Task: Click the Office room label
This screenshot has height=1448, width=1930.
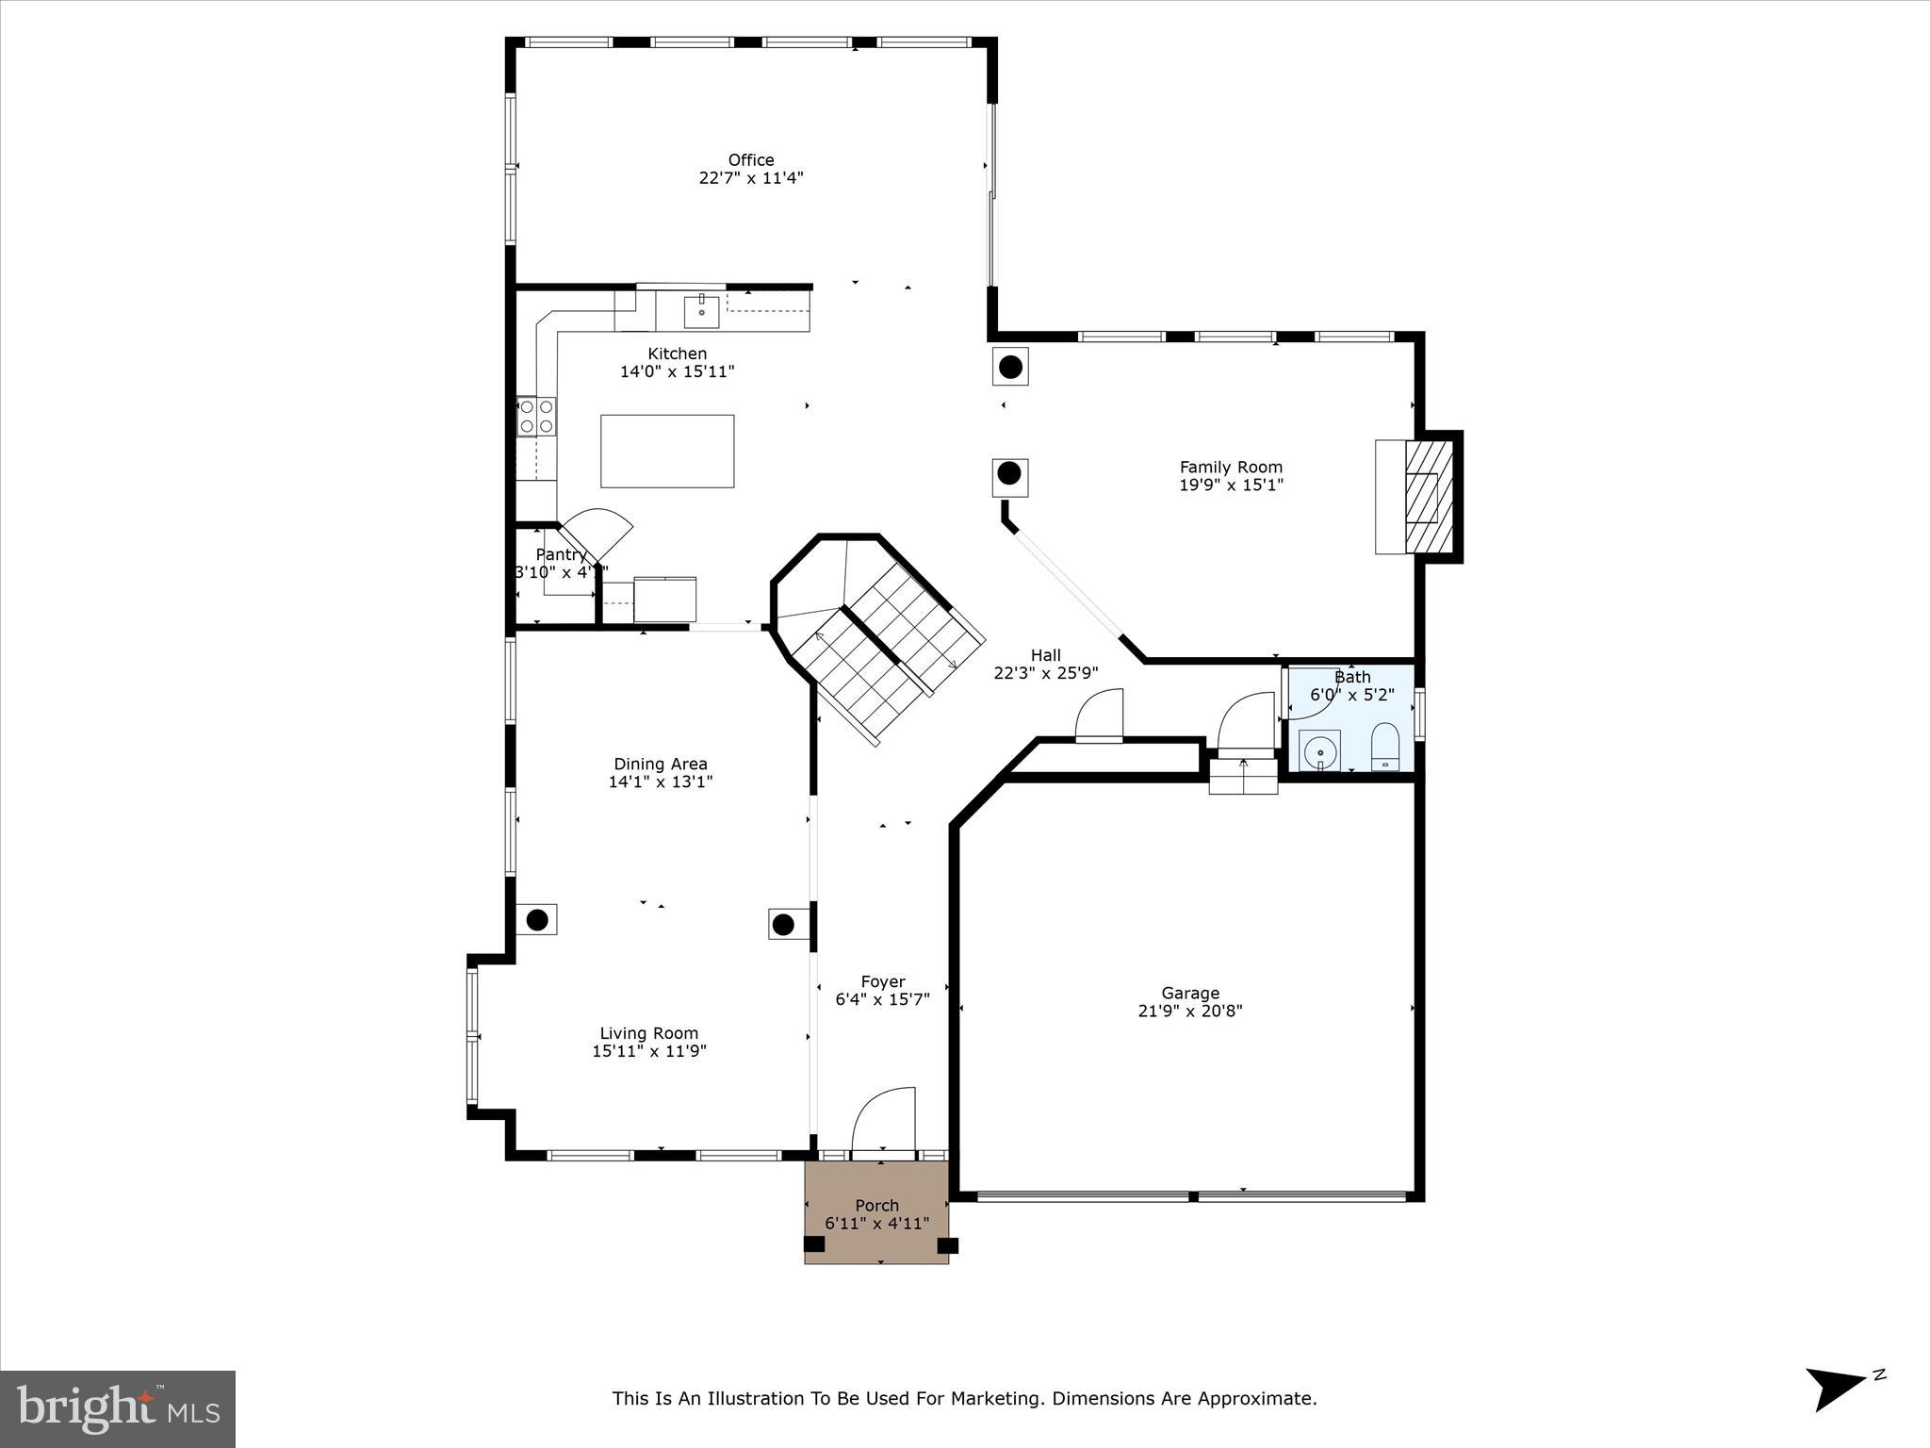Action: [750, 160]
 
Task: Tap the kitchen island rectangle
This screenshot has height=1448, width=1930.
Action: [667, 451]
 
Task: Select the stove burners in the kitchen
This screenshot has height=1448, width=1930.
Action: [536, 416]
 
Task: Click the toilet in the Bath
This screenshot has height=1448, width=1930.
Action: [1384, 747]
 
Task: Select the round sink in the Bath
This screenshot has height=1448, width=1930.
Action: [1320, 751]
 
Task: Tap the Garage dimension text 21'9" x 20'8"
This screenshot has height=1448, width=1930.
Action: [1189, 1011]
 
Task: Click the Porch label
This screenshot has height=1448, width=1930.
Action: [876, 1205]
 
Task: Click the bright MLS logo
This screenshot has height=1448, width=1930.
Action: [118, 1409]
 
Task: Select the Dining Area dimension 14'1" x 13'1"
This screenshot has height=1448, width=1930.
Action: [660, 782]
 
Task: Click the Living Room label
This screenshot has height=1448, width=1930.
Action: [648, 1033]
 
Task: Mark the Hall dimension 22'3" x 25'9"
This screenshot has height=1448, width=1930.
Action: [1045, 673]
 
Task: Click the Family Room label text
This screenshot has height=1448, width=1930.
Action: [1231, 467]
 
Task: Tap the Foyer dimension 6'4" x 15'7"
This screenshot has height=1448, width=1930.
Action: [882, 999]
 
